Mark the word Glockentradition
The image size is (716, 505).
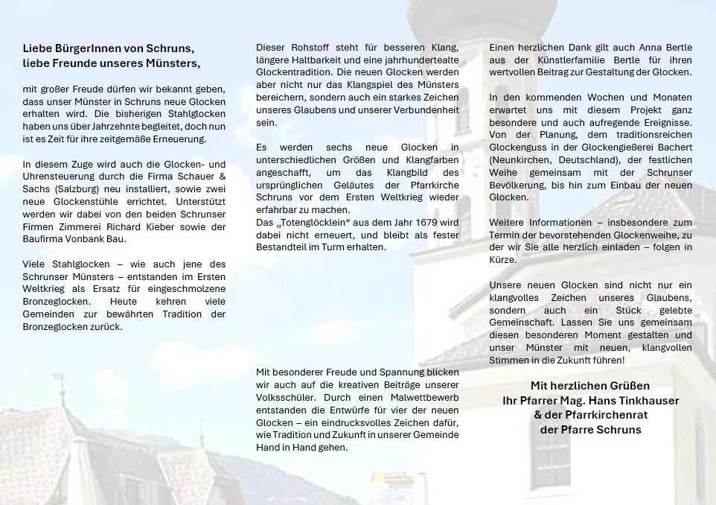tap(293, 74)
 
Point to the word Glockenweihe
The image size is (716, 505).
tap(652, 235)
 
